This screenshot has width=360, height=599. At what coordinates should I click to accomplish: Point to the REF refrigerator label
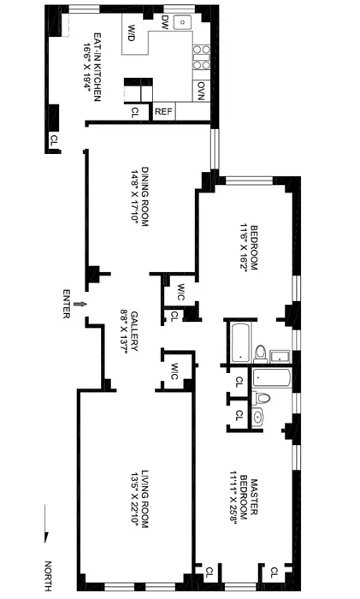click(x=162, y=111)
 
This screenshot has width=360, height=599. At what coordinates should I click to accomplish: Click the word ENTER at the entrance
click(x=66, y=303)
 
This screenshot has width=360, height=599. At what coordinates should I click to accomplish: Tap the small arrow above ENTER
click(x=80, y=303)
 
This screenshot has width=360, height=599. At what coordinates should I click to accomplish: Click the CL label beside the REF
click(x=135, y=111)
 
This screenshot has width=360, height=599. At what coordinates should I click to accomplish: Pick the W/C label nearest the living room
click(x=174, y=371)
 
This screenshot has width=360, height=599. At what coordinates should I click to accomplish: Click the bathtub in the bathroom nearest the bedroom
click(x=238, y=340)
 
